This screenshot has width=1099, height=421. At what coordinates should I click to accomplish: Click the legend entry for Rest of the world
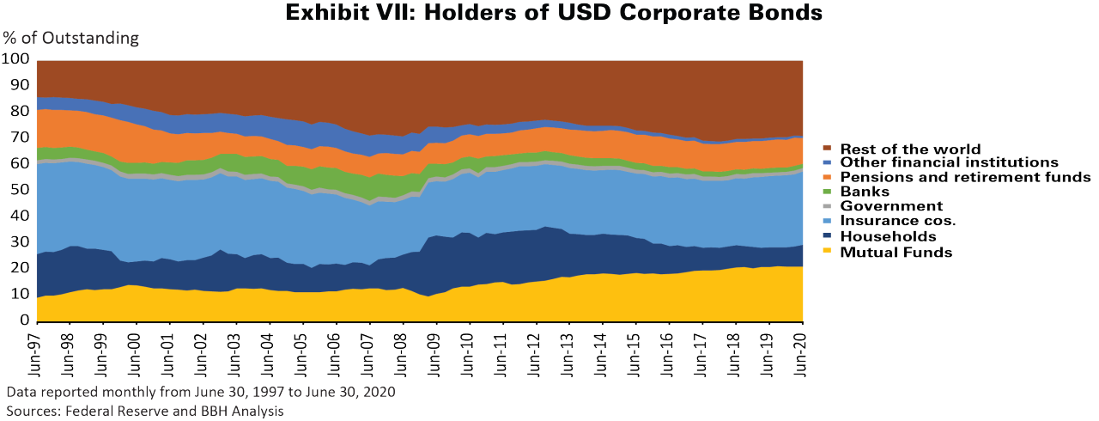[910, 149]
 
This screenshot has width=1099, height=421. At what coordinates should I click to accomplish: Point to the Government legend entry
[892, 206]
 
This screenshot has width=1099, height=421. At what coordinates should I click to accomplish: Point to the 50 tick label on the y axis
[20, 190]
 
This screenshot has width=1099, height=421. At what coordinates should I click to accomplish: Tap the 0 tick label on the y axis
[25, 320]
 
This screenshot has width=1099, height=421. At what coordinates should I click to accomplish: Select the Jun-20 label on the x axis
[801, 351]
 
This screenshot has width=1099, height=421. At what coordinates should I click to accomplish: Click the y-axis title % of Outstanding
[70, 38]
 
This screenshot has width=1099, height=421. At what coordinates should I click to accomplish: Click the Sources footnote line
[145, 411]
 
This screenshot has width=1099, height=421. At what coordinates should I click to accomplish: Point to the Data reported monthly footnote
[200, 392]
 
